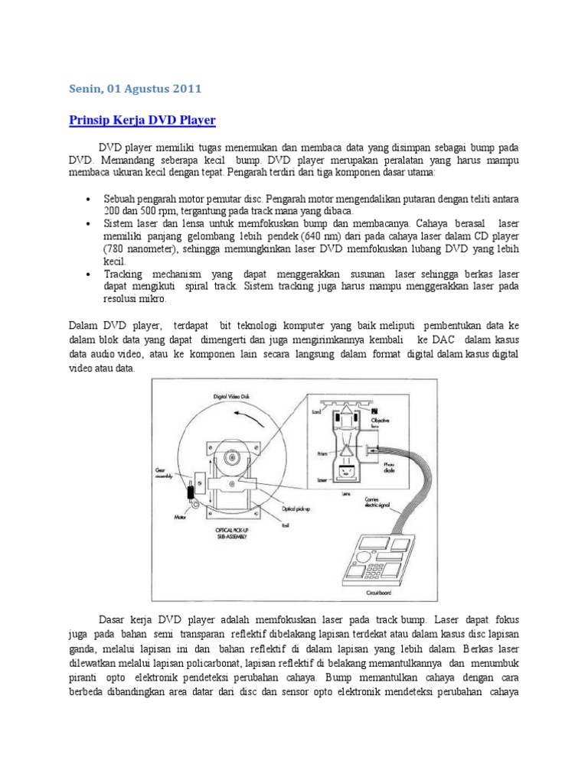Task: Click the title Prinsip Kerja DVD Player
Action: (142, 121)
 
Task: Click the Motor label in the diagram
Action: (181, 516)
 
